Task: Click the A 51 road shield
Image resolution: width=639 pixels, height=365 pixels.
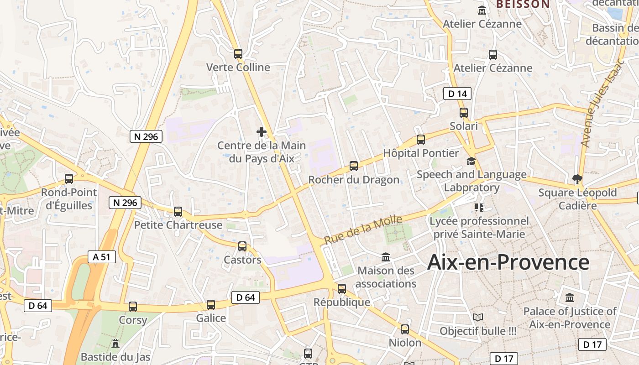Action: pos(102,257)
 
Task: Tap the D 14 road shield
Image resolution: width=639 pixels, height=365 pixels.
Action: pos(457,94)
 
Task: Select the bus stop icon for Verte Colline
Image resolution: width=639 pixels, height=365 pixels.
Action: pos(238,54)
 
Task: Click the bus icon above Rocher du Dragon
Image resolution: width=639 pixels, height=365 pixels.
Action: pos(354,166)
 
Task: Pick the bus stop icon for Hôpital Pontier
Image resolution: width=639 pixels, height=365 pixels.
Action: pos(421,140)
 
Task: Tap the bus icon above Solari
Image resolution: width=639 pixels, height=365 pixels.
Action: pos(464,112)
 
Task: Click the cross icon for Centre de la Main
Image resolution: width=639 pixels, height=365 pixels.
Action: pos(262,132)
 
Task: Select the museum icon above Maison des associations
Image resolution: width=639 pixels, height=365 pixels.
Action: pos(386,257)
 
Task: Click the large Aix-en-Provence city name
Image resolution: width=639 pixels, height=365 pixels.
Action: pos(508,262)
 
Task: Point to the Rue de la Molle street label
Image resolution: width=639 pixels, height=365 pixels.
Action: pos(363,229)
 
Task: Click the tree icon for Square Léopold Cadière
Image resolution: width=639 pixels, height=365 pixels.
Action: pos(577,179)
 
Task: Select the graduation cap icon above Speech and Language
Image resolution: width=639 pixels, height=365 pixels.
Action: pos(471,161)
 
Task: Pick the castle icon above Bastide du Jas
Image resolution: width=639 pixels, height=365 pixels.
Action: pos(115,343)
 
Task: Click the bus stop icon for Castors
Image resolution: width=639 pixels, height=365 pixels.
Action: pos(242,246)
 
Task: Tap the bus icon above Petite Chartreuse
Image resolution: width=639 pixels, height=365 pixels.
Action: pos(178,212)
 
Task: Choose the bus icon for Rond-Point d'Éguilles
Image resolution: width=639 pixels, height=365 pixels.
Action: pos(69,179)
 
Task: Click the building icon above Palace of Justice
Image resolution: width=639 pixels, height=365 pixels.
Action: pos(570,298)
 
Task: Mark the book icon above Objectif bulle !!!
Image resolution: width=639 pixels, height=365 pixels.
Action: pos(478,318)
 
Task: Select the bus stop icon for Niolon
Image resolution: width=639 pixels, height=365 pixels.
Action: pos(405,329)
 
